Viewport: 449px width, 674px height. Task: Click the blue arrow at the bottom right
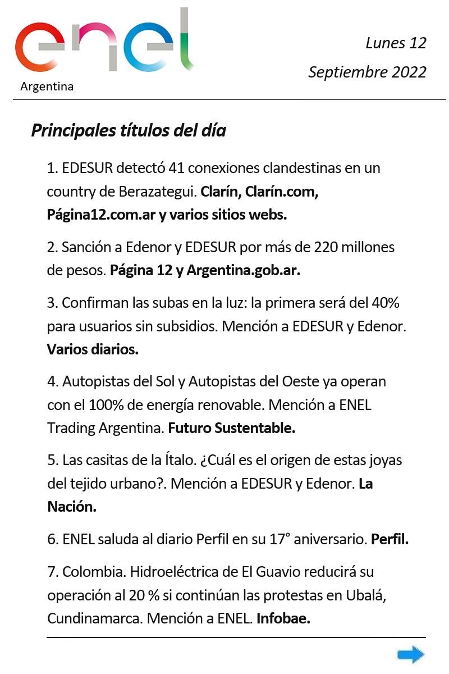410,654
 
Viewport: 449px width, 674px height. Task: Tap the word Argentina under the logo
47,86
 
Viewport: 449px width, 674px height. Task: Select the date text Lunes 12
396,43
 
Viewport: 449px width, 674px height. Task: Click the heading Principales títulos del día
129,131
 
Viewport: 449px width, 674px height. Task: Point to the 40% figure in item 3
385,303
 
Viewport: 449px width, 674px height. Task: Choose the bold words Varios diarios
93,349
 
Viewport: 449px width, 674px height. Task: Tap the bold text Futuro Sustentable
232,428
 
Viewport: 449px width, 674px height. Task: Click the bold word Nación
72,507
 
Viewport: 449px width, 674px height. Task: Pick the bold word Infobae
283,619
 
